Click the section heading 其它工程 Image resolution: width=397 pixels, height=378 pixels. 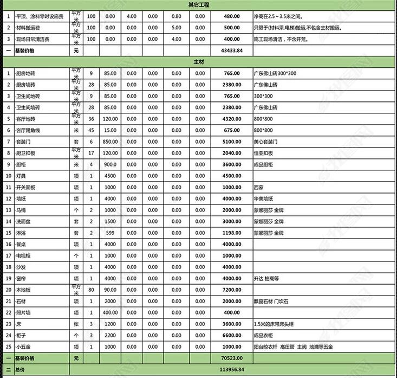click(x=198, y=4)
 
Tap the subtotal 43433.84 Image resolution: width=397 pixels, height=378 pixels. click(x=232, y=50)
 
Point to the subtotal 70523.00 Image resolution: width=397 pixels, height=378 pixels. click(x=232, y=358)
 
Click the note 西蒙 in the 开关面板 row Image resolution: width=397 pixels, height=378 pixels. click(x=259, y=187)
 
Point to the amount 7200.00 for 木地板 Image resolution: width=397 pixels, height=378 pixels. click(x=232, y=290)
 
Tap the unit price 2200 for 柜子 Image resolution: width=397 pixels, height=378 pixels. click(x=110, y=335)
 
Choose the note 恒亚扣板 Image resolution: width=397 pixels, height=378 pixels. click(x=263, y=153)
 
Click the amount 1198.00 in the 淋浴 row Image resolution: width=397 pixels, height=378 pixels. click(x=232, y=233)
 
